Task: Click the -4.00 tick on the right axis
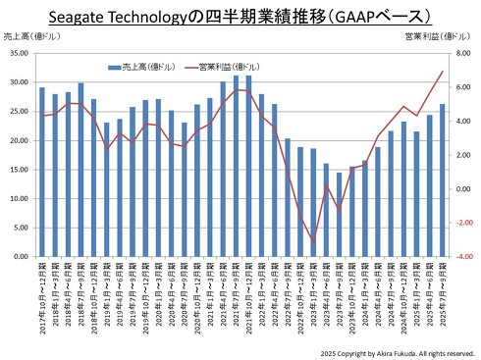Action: (x=460, y=257)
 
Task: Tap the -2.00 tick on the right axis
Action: (x=460, y=223)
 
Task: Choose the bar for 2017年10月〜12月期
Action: (x=41, y=172)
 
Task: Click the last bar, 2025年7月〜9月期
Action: (x=442, y=180)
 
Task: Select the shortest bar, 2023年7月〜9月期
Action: (x=340, y=214)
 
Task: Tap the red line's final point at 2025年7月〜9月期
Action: (x=442, y=71)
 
